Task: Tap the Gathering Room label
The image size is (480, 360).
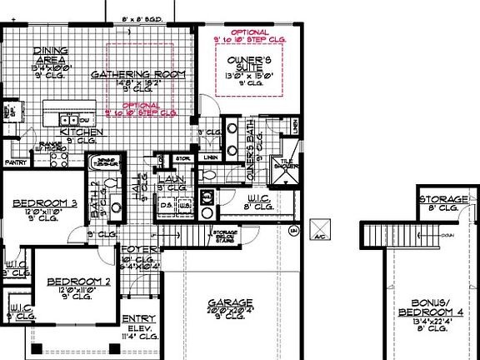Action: pos(137,74)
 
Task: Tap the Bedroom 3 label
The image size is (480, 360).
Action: pos(45,203)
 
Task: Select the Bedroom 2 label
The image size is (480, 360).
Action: pos(78,281)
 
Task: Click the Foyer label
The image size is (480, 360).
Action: pos(135,249)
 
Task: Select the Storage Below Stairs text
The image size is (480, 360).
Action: pos(225,236)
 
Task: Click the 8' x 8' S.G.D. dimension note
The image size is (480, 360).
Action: pos(142,17)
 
